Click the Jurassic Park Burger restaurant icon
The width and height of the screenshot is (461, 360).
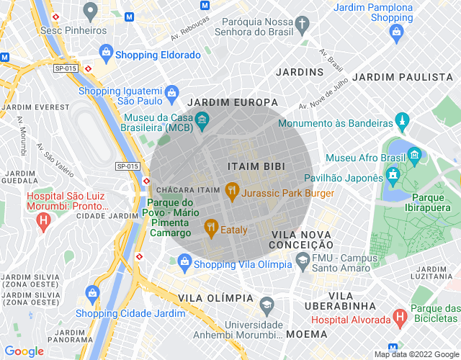(231, 192)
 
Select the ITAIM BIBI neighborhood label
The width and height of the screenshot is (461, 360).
(256, 166)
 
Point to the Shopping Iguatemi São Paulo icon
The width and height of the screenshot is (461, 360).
(171, 92)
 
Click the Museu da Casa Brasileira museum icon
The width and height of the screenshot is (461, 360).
(202, 118)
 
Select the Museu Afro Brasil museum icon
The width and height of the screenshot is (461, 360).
(414, 155)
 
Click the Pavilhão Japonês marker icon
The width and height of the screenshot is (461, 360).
(393, 175)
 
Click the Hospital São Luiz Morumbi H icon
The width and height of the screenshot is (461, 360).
(43, 219)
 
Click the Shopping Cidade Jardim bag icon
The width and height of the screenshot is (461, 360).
(92, 293)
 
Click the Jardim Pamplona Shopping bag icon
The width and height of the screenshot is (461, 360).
(396, 31)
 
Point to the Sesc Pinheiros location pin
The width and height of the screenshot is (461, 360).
(90, 10)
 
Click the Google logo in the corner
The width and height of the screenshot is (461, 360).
(24, 351)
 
